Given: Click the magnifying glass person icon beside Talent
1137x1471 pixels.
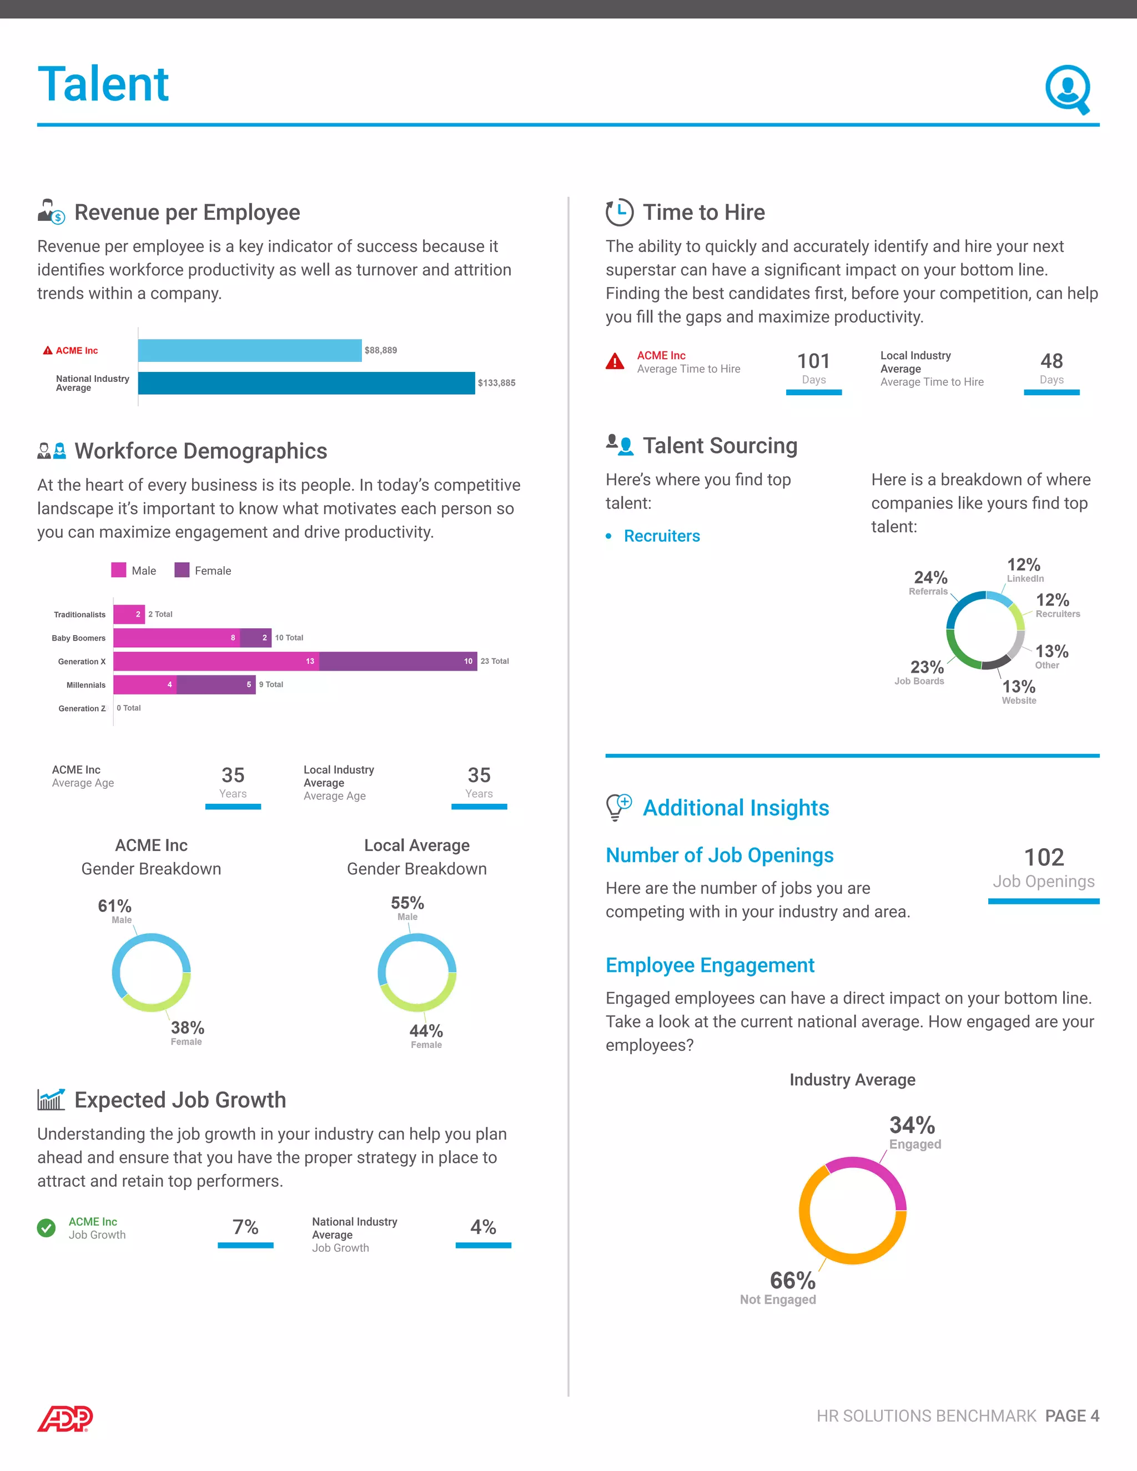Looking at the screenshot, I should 1068,89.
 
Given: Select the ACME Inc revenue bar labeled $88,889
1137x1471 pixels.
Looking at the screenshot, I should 249,350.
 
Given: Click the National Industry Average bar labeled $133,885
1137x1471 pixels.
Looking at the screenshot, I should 306,382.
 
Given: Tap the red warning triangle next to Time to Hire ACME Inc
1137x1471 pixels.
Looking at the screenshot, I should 615,362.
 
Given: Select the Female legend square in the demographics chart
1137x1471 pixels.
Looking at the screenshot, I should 181,570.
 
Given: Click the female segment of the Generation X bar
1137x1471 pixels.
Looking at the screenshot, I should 398,661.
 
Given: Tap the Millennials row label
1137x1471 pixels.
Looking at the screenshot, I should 85,685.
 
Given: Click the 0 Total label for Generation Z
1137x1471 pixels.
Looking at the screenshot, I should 129,708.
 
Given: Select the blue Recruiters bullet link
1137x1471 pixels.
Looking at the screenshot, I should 661,536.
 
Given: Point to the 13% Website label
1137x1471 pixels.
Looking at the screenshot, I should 1018,691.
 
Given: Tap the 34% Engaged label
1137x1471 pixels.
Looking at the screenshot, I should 913,1131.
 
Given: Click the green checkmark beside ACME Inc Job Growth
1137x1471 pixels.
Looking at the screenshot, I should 47,1228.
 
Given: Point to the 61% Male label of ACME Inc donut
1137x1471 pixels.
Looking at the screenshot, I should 115,910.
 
